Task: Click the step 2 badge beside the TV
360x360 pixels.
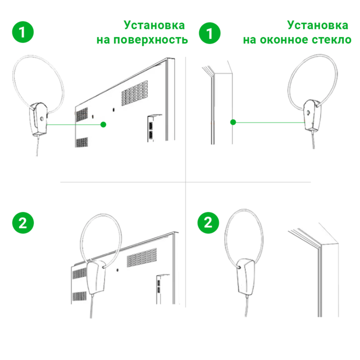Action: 22,222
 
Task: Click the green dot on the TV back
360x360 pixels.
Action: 103,124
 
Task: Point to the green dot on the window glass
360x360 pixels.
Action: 232,121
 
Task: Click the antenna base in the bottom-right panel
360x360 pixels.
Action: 245,276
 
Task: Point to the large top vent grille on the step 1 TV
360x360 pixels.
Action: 130,91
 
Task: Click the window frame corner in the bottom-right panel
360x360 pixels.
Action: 318,242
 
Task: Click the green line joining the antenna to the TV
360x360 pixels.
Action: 73,123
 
